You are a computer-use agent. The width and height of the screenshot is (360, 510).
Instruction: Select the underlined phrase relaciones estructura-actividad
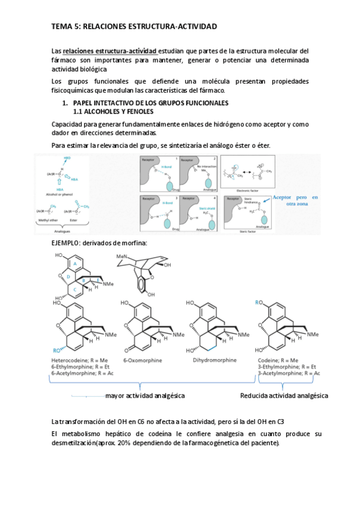point(110,51)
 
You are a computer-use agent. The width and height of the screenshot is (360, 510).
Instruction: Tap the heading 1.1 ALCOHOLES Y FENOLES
point(113,112)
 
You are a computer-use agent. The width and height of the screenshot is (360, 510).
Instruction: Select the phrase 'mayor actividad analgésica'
point(145,395)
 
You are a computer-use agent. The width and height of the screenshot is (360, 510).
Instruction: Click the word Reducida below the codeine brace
point(253,395)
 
